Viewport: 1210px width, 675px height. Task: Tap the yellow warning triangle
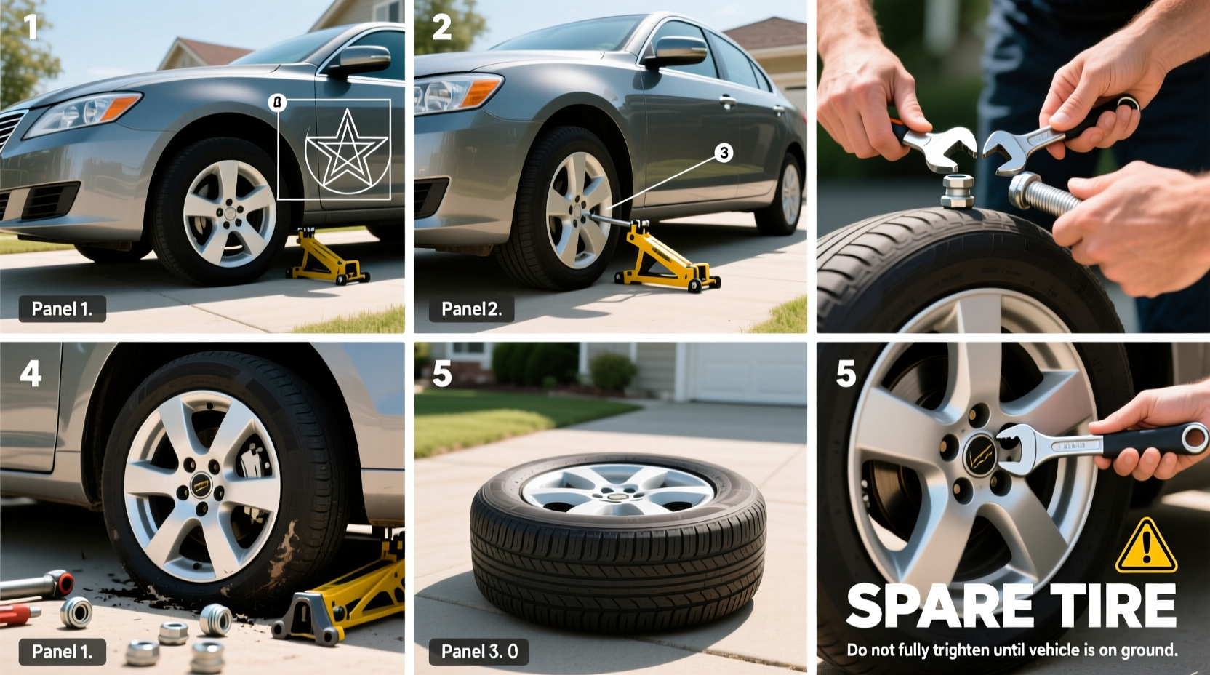[x=1146, y=546]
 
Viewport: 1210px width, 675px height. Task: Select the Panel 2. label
[x=470, y=309]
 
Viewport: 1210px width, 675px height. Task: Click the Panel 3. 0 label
[x=479, y=651]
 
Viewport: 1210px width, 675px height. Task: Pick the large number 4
[x=31, y=374]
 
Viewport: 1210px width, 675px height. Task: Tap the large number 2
[x=441, y=28]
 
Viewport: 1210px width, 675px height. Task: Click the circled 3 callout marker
[x=723, y=153]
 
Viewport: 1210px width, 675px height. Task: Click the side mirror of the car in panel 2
[x=679, y=51]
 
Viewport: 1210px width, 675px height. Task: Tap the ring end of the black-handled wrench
[x=1193, y=439]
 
